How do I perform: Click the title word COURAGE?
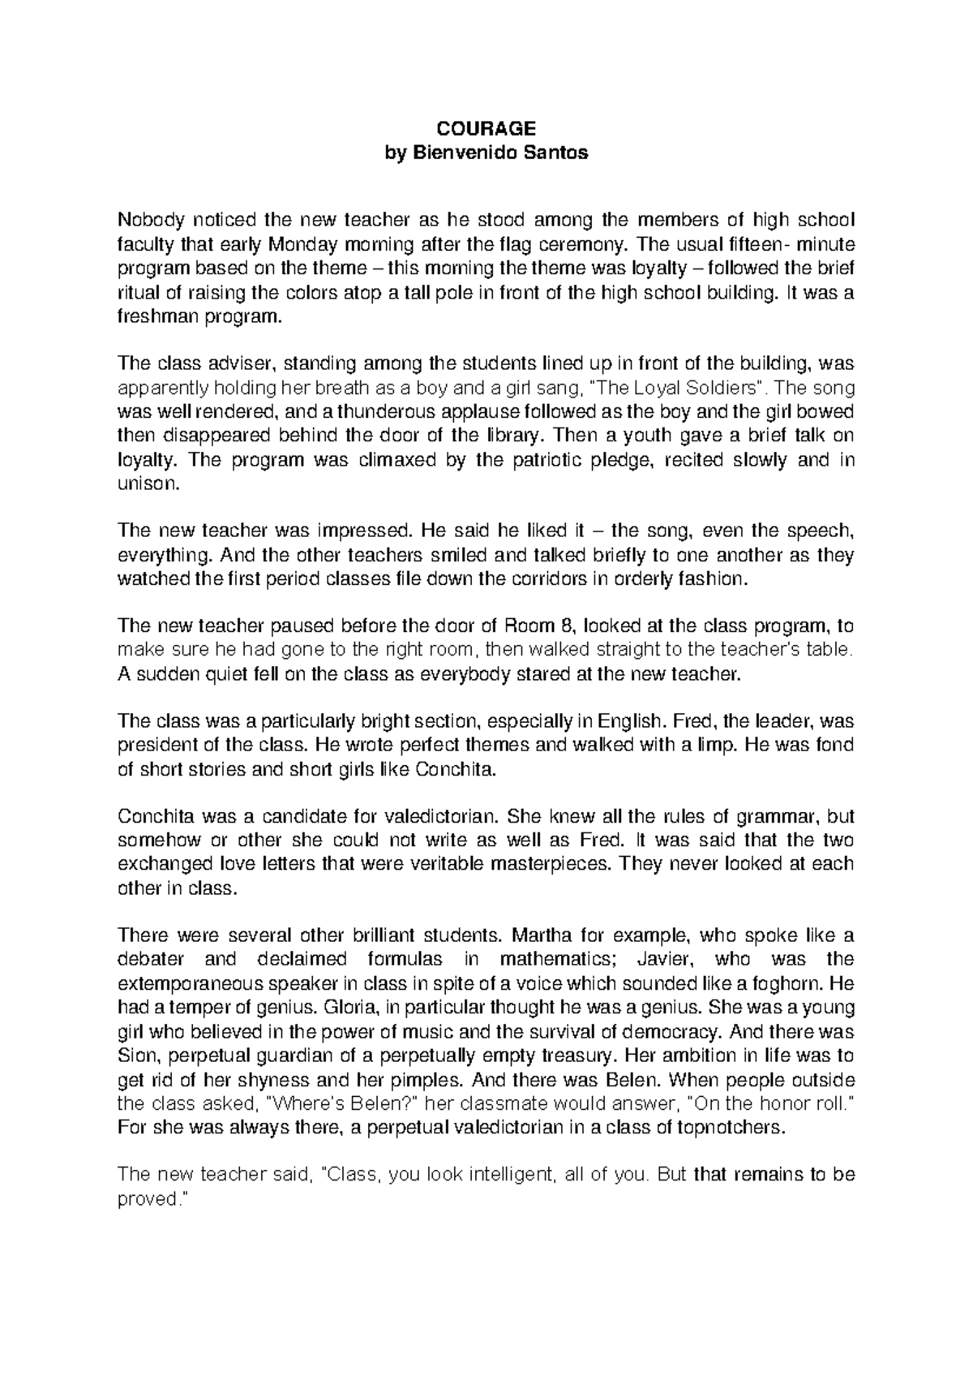486,128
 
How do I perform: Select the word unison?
144,484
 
